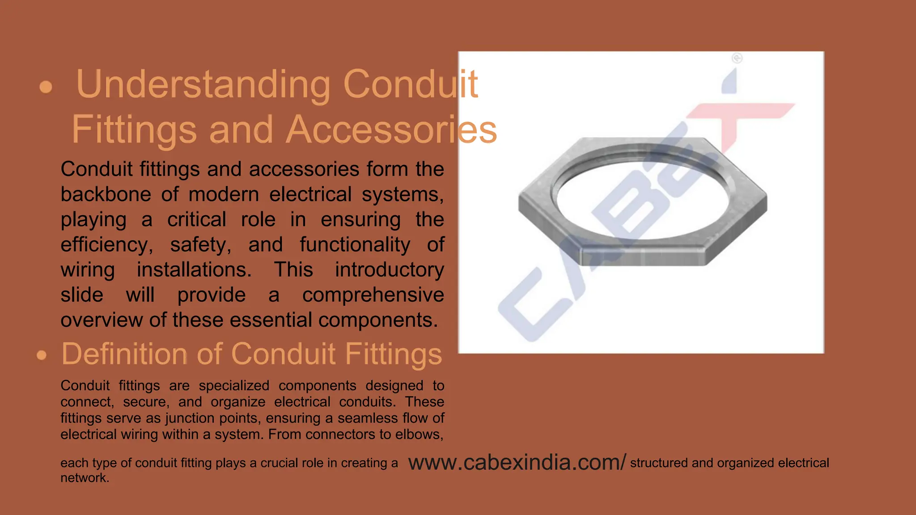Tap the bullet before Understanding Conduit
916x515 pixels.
pyautogui.click(x=46, y=87)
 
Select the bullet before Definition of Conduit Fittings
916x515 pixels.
pyautogui.click(x=42, y=355)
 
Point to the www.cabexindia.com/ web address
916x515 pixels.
pyautogui.click(x=517, y=463)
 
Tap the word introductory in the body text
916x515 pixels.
pyautogui.click(x=389, y=270)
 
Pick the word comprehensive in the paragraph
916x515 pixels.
pyautogui.click(x=373, y=295)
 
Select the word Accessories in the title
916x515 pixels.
pyautogui.click(x=391, y=130)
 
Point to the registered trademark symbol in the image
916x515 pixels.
pyautogui.click(x=737, y=58)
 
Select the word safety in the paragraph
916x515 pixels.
pyautogui.click(x=200, y=245)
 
